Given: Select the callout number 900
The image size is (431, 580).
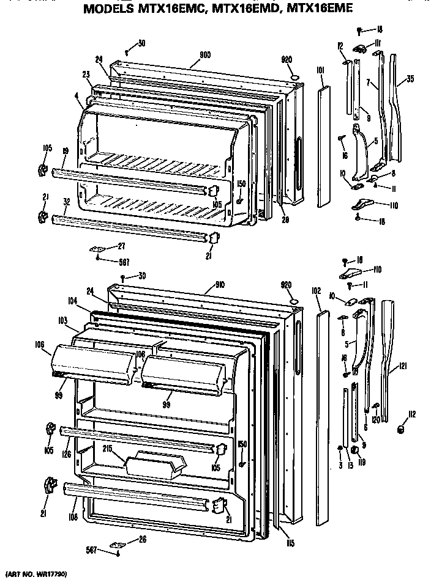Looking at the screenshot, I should [205, 54].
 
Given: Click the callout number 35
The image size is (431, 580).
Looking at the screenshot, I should [410, 78].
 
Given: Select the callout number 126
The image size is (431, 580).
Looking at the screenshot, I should [64, 454].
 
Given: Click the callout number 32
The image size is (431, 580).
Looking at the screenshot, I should [66, 200].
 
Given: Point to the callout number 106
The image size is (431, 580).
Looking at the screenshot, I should [40, 344].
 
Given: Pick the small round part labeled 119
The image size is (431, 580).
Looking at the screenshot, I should [354, 450].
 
